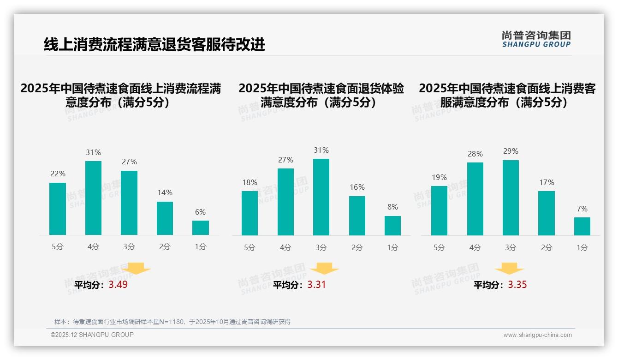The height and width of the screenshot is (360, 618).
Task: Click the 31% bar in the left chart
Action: (x=93, y=198)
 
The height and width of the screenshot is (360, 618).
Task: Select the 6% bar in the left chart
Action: (x=201, y=228)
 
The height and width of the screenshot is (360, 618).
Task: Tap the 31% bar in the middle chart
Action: (x=321, y=197)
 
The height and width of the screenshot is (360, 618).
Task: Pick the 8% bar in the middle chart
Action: (x=392, y=226)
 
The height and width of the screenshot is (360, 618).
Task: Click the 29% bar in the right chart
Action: (x=511, y=198)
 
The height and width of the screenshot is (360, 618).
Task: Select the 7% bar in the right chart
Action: (x=582, y=226)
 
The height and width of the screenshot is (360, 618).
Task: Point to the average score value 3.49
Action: (x=118, y=285)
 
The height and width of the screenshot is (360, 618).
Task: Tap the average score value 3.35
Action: (x=517, y=285)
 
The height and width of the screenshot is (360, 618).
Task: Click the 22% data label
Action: (x=58, y=174)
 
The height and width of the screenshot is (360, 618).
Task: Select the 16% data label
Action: (x=357, y=187)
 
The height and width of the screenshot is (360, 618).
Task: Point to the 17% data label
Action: (x=547, y=183)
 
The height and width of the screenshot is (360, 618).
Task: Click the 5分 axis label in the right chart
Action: (x=439, y=248)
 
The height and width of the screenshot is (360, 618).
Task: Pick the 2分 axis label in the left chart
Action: (x=165, y=247)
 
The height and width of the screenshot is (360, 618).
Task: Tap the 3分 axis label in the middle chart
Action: (x=321, y=248)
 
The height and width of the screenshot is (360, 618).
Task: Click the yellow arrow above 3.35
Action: (x=509, y=269)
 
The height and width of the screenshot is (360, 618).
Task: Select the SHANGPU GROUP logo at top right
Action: (x=536, y=39)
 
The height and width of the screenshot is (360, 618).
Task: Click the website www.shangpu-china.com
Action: (x=537, y=335)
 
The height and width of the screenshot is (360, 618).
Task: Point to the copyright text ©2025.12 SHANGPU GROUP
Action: (x=92, y=335)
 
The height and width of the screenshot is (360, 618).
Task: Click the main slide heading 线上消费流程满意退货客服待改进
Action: (x=154, y=45)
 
